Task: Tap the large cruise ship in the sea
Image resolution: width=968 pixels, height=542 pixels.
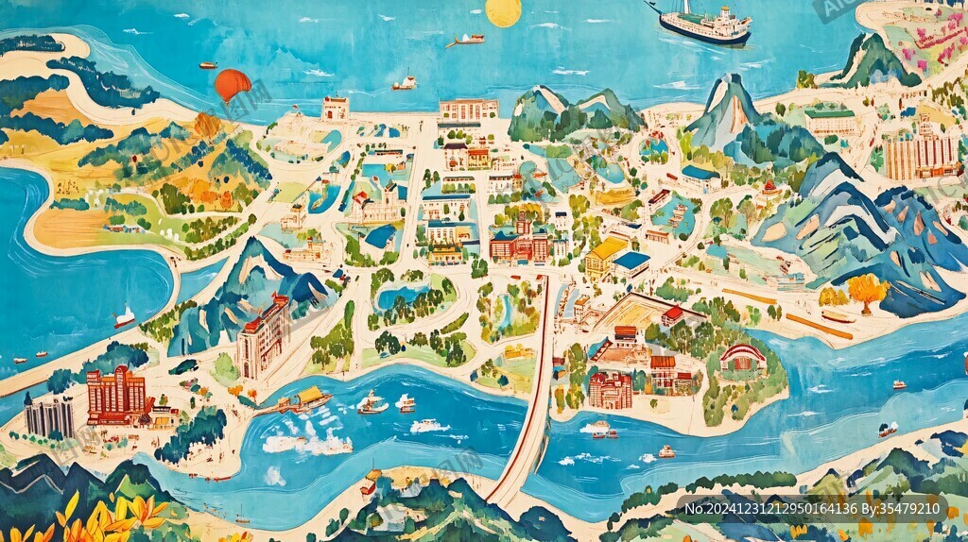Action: click(708, 25)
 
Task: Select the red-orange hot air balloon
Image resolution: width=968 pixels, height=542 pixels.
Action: click(232, 84)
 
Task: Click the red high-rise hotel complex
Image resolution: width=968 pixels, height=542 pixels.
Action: click(116, 395)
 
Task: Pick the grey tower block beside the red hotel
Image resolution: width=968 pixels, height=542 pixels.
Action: click(49, 415)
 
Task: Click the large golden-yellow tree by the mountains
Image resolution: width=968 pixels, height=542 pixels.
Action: click(867, 289)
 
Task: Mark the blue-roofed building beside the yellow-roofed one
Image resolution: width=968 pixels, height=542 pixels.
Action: click(631, 263)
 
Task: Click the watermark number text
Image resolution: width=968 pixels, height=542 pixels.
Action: click(812, 509)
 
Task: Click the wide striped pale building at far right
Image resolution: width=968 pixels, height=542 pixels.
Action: click(919, 151)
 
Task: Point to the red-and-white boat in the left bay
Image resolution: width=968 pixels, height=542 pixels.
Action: click(124, 318)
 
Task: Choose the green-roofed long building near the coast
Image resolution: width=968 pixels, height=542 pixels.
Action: click(830, 121)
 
